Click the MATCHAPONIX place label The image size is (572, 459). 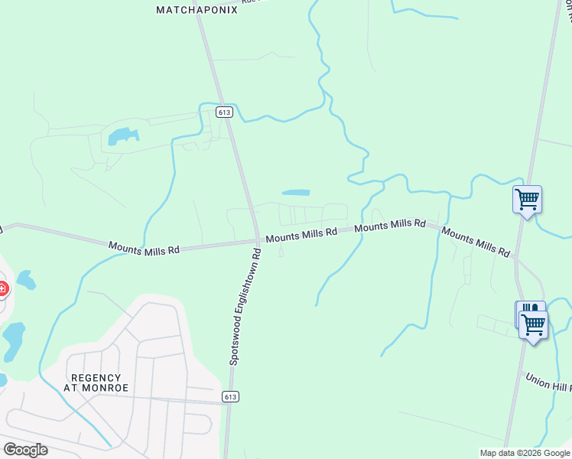197,10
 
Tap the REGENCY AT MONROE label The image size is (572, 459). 96,383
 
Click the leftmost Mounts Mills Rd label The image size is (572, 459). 144,249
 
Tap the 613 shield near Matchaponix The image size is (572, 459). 223,112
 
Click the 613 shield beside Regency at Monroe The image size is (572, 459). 231,396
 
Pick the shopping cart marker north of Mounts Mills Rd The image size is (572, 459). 527,200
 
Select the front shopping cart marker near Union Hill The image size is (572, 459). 533,324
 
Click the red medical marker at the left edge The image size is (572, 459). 2,289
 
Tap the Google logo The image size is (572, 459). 26,449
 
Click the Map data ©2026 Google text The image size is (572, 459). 524,453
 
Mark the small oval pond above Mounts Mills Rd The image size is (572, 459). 296,192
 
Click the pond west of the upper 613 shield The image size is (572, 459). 122,137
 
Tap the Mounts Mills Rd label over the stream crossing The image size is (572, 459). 390,225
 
